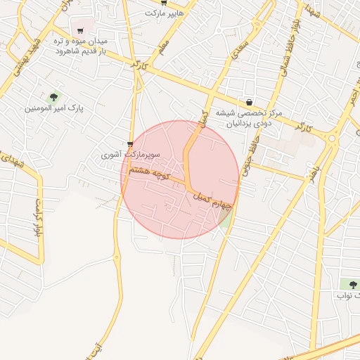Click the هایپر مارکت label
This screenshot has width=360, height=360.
click(x=164, y=13)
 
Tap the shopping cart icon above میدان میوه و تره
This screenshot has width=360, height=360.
click(x=80, y=30)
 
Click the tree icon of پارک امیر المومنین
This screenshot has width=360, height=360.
click(x=53, y=96)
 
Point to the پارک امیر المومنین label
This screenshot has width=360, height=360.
click(x=53, y=109)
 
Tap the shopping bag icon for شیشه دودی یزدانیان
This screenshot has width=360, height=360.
click(x=249, y=102)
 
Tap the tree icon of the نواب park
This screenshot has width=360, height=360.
click(x=352, y=284)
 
